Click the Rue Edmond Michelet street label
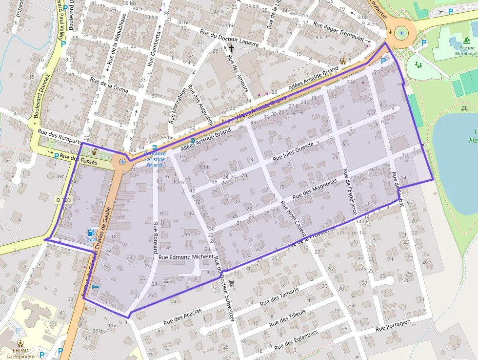186,256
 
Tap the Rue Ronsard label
156,237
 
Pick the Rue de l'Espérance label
349,191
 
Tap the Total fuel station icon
91,233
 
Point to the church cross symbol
231,48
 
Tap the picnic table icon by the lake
464,108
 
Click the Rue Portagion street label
393,326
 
